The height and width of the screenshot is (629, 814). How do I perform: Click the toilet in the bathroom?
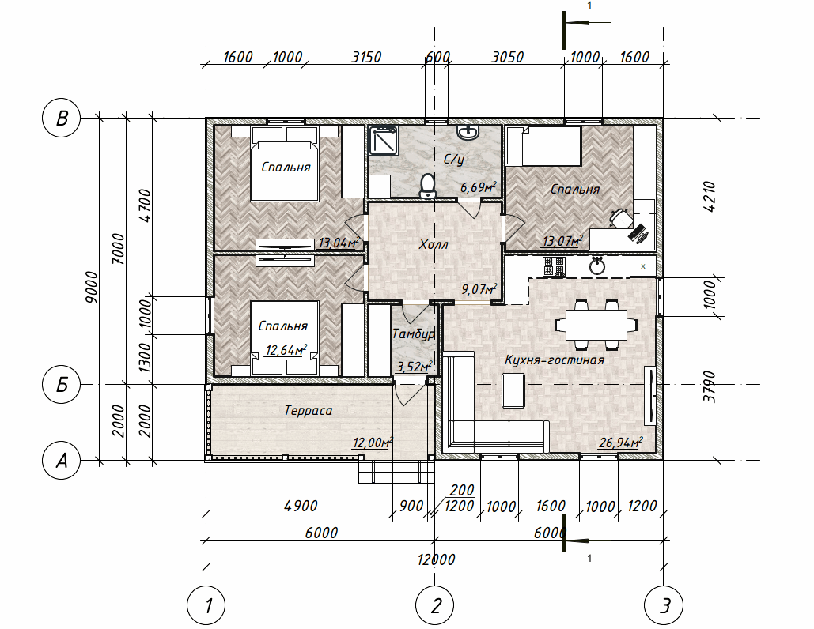coord(427,186)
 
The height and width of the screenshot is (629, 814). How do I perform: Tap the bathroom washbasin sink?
coord(468,132)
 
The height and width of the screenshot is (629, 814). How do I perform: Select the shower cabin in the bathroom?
coord(383,141)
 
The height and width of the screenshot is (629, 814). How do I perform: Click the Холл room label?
coord(434,244)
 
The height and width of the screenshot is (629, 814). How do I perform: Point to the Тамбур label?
coord(413,334)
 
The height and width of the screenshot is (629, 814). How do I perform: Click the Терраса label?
coord(309,411)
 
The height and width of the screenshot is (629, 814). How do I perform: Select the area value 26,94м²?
coord(620,443)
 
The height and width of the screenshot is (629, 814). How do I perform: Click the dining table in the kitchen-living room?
coord(596,325)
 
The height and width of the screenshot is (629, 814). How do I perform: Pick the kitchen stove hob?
coord(554,266)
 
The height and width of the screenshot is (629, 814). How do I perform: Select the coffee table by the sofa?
coord(513,390)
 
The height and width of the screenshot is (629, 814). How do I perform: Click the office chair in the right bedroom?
coord(620,217)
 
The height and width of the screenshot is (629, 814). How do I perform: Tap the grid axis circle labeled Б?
coord(61,384)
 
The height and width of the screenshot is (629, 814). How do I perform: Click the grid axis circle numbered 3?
coord(664,605)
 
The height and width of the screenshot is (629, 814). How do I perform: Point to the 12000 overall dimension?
coord(436,559)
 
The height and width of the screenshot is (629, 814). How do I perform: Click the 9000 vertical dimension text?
coord(92,287)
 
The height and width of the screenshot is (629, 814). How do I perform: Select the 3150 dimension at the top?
coord(366,57)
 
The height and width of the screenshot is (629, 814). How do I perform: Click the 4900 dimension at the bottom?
coord(301,506)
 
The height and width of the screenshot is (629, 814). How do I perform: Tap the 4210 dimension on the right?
coord(709,196)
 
